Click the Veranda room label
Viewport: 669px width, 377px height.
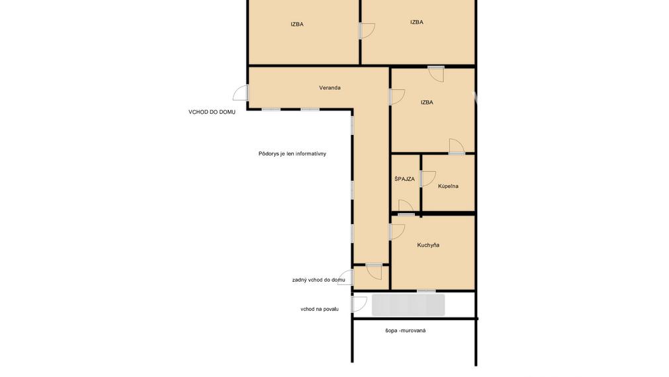click(330, 88)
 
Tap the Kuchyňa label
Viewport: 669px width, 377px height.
click(428, 245)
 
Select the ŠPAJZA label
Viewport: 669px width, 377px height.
click(404, 179)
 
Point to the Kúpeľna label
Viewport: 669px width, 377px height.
click(448, 186)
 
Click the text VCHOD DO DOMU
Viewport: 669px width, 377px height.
click(212, 112)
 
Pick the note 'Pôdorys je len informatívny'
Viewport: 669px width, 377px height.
click(292, 153)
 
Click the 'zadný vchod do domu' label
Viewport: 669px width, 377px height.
click(319, 280)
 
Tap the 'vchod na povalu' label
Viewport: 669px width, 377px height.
click(320, 309)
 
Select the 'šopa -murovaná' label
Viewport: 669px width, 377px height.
click(405, 331)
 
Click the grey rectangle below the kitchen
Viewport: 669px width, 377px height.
click(408, 305)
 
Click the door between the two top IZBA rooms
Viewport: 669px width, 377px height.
click(367, 30)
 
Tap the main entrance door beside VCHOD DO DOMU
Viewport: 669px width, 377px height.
click(241, 93)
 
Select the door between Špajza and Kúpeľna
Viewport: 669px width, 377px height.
click(428, 179)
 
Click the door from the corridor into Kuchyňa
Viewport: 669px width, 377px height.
click(397, 231)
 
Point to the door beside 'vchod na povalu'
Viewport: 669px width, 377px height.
click(359, 304)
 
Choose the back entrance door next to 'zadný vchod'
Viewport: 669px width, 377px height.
click(345, 277)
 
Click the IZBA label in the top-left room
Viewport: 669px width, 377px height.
click(297, 24)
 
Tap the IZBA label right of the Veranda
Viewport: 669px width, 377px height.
click(427, 103)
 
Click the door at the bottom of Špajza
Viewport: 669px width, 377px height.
click(406, 208)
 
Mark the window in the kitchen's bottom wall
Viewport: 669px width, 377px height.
click(426, 291)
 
